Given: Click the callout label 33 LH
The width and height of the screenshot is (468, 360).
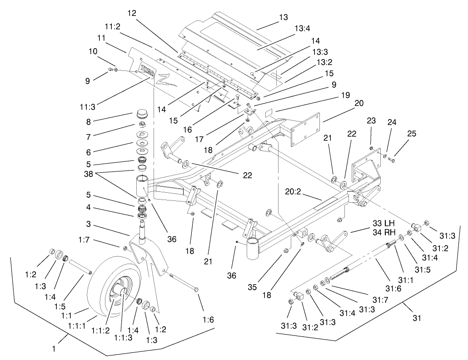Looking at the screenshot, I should pyautogui.click(x=383, y=223).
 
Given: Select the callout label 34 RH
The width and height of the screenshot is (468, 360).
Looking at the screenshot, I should pyautogui.click(x=383, y=231).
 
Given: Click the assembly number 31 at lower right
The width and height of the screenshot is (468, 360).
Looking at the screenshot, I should pyautogui.click(x=417, y=318).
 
